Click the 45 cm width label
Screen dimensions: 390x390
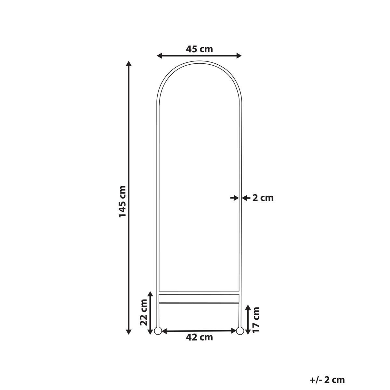pyautogui.click(x=199, y=49)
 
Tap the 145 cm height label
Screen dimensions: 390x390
pyautogui.click(x=122, y=201)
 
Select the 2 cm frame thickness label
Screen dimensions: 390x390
pyautogui.click(x=263, y=198)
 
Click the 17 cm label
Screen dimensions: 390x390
pyautogui.click(x=256, y=319)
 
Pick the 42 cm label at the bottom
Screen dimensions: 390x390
pyautogui.click(x=199, y=337)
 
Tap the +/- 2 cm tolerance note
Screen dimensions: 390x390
pyautogui.click(x=327, y=380)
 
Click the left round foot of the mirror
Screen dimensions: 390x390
pyautogui.click(x=158, y=331)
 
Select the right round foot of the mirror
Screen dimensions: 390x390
pyautogui.click(x=240, y=331)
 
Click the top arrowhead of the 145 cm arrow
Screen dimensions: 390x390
pyautogui.click(x=129, y=64)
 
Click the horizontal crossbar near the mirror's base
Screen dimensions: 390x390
pyautogui.click(x=199, y=298)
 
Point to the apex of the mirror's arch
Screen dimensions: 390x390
pyautogui.click(x=199, y=61)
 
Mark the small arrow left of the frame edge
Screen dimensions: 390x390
pyautogui.click(x=234, y=198)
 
